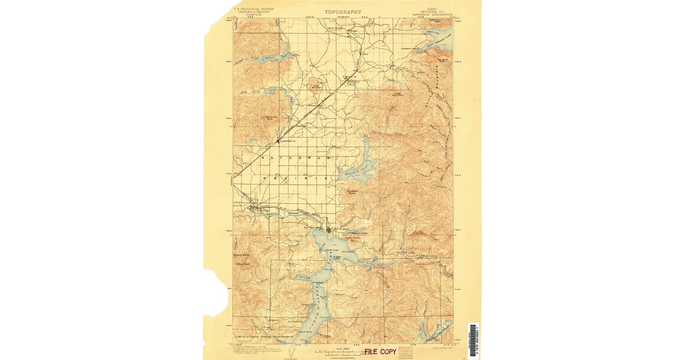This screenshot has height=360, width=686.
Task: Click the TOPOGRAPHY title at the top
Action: coord(343,11)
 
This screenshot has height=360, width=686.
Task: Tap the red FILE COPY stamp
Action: coord(380,351)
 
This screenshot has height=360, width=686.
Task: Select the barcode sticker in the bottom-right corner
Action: coord(473,341)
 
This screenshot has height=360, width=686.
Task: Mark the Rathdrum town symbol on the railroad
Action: coord(278,141)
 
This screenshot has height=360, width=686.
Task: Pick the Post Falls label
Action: coord(247,210)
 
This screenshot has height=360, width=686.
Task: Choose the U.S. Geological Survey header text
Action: coord(252,10)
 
